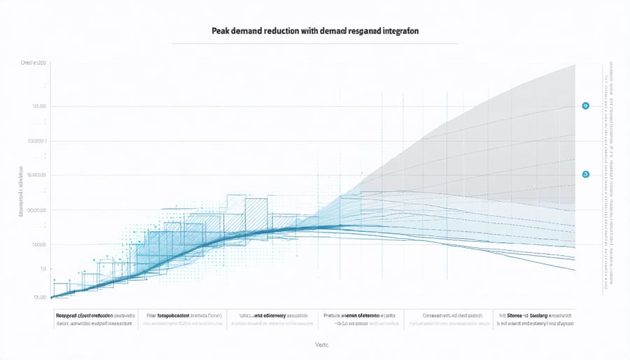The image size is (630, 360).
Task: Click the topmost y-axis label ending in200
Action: [x=33, y=64]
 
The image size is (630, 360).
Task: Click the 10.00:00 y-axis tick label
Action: [x=34, y=175]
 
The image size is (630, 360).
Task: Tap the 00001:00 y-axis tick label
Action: [x=34, y=209]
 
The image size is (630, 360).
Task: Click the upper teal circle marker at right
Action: [x=585, y=106]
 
